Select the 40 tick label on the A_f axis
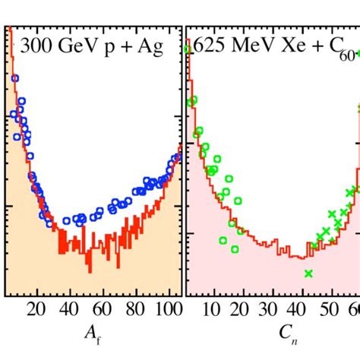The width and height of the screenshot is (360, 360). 67,308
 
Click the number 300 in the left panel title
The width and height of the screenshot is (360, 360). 36,47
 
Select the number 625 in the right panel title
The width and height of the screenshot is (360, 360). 207,47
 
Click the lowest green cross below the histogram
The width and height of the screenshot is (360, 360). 308,273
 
